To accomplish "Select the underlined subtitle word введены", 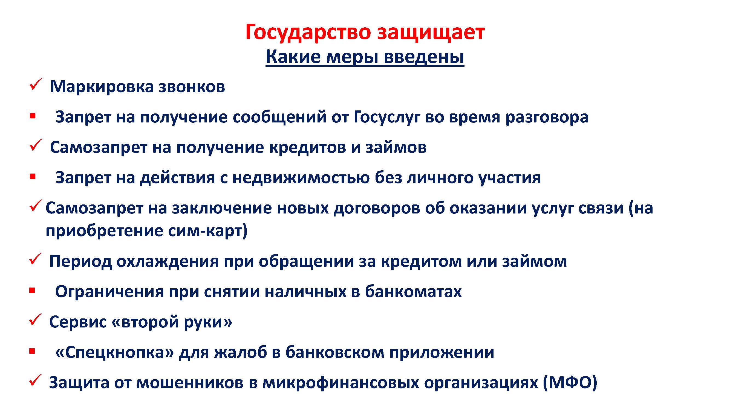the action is pos(424,57).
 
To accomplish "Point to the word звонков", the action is pos(192,87).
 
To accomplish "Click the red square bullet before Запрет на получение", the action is pos(33,116).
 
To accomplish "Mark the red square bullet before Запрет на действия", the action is pos(33,177).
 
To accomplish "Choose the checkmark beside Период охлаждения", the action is pos(35,259).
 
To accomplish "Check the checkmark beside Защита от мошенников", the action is pos(35,380).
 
